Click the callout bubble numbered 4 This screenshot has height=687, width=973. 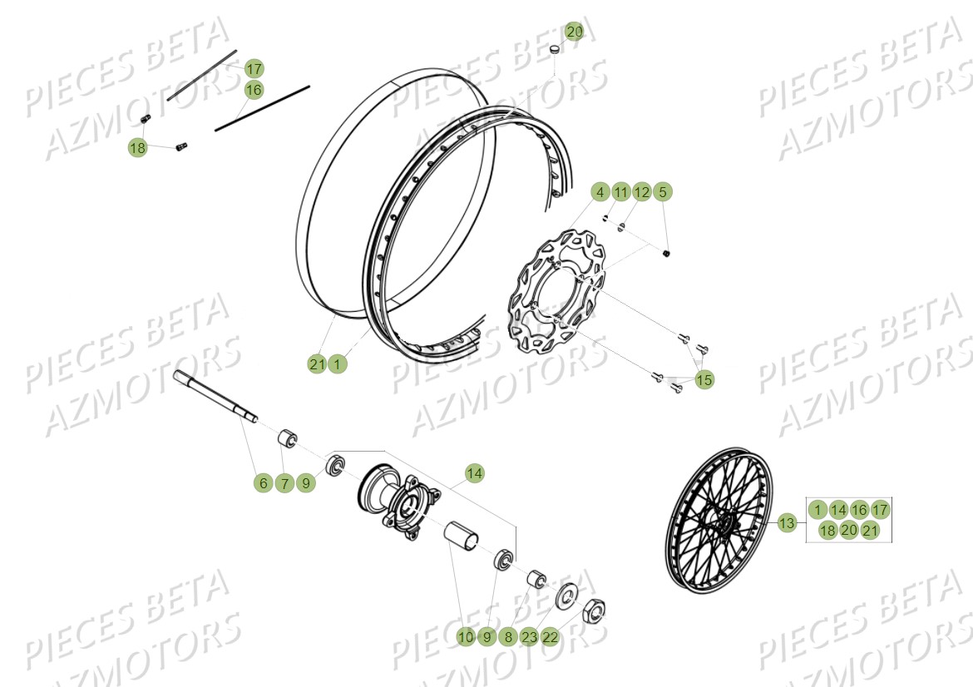[600, 192]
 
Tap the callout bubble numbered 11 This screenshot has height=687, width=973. [620, 192]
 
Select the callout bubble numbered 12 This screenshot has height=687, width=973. [641, 192]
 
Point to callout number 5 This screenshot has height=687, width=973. [662, 192]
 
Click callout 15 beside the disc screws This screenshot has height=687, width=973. [704, 380]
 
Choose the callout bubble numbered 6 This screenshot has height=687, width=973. [264, 482]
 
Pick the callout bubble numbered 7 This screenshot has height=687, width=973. [284, 482]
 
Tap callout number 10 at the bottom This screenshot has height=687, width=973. [466, 637]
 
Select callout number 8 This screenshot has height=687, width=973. [508, 637]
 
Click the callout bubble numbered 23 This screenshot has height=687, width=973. [530, 637]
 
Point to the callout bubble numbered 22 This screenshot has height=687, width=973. [551, 637]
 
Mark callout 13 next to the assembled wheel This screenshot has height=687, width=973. [787, 524]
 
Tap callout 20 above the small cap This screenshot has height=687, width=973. [575, 32]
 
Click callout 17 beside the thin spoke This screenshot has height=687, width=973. [254, 68]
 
